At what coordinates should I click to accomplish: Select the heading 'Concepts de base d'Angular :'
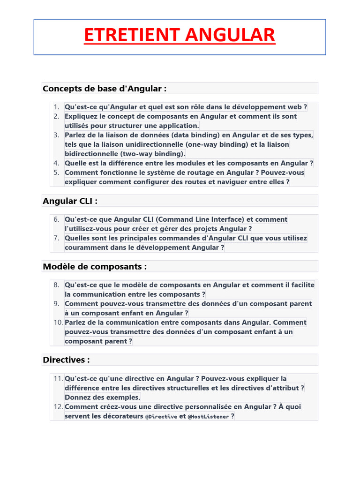click(x=105, y=89)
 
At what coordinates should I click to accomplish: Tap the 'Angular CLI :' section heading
click(x=70, y=201)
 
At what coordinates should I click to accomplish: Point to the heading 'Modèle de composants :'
click(x=95, y=267)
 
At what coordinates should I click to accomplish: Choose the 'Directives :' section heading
click(x=66, y=360)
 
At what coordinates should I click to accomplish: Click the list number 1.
click(x=56, y=107)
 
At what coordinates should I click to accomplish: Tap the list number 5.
click(x=56, y=172)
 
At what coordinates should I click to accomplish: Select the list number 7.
click(x=56, y=238)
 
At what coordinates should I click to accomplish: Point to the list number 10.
click(x=58, y=322)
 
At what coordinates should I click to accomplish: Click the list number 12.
click(x=58, y=407)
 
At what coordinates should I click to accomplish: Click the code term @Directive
click(x=161, y=417)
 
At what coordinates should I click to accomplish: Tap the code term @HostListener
click(x=208, y=417)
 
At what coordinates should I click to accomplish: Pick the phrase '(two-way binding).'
click(x=153, y=154)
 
